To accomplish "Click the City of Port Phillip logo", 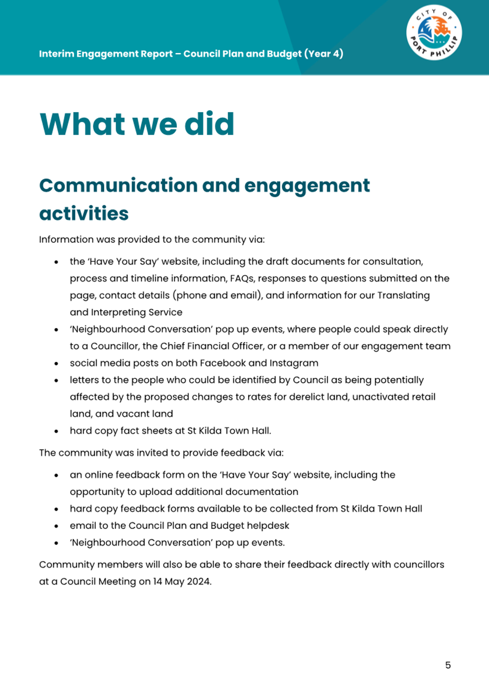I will click(434, 33).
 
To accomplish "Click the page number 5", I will click(448, 665).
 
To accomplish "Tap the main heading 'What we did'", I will click(137, 124).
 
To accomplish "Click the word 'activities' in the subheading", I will click(84, 213).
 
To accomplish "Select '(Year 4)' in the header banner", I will click(324, 54).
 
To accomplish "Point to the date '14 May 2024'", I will click(182, 581).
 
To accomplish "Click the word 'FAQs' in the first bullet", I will click(241, 278).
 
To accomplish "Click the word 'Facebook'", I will click(223, 363).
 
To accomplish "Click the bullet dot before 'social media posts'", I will click(56, 364).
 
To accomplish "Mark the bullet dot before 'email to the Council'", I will click(56, 526).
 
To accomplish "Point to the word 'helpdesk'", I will click(268, 526).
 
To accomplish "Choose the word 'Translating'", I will click(403, 295).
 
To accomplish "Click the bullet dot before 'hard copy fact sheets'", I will click(56, 431).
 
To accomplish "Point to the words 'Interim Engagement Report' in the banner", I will click(106, 54).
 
